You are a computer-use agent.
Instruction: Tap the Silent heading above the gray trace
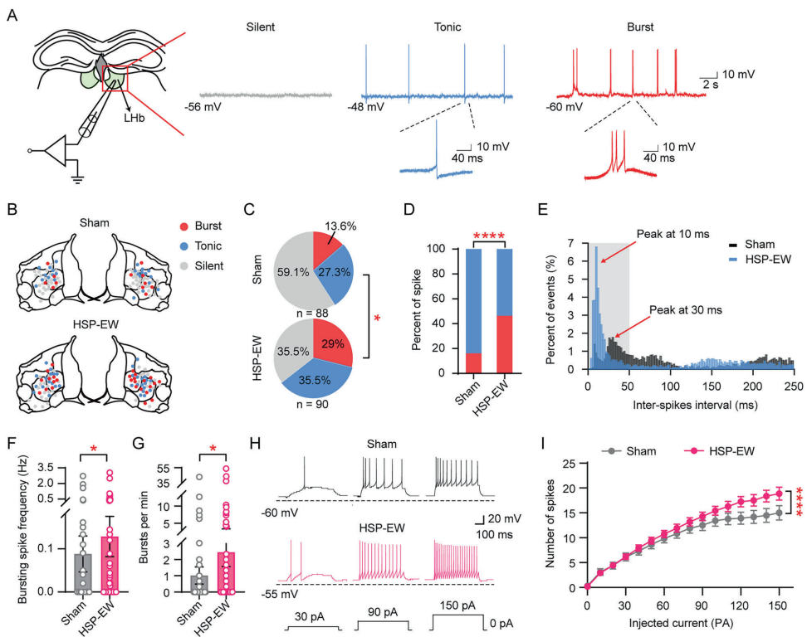click(262, 27)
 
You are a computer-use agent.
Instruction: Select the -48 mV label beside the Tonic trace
click(365, 107)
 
